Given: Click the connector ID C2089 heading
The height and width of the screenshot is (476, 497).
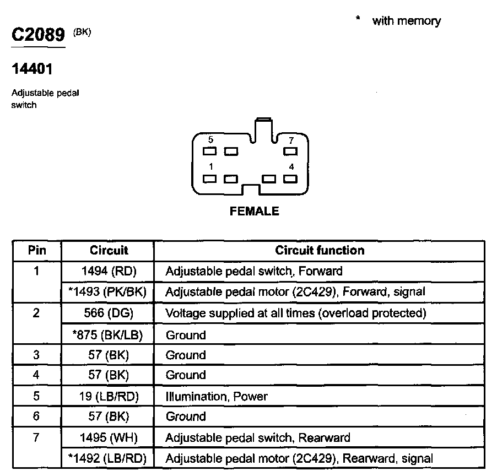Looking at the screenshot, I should point(38,35).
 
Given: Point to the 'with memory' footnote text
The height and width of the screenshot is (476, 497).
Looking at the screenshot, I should point(406,21).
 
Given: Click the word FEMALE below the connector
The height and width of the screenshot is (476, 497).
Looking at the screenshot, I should point(255,211).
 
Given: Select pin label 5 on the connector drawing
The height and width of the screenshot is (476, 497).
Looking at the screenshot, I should point(210,140).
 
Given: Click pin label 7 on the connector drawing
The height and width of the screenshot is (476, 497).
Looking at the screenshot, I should point(291,140).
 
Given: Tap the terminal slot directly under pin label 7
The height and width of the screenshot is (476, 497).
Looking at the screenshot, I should point(290,150).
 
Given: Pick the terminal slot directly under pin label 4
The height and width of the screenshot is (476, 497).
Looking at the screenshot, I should point(290,178).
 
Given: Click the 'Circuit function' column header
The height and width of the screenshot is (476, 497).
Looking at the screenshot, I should point(320,250).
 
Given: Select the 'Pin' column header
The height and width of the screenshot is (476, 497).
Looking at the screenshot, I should point(37,250).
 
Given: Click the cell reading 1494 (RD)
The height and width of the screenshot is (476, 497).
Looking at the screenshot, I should point(108,271).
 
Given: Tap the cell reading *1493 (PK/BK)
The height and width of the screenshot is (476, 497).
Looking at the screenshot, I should point(108,292).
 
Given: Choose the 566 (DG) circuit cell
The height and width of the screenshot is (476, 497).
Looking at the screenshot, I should point(108,313).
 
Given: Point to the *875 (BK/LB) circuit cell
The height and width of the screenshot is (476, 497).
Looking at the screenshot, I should point(108,334).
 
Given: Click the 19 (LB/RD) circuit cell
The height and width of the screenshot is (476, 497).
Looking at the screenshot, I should point(108,396).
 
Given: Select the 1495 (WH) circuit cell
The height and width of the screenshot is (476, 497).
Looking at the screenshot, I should point(108,437).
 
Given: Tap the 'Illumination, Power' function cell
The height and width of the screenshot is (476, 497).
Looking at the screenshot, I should point(217,396).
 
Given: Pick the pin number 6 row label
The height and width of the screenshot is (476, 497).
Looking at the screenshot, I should point(36,416).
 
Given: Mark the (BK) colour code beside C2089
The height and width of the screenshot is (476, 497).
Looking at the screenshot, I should point(82,33).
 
